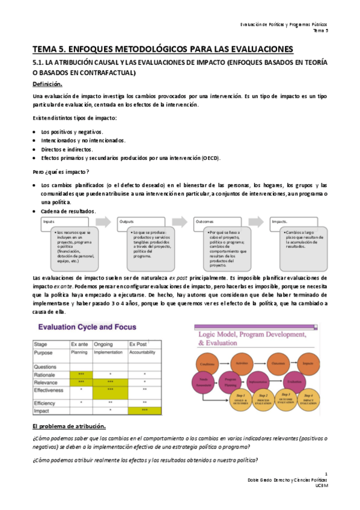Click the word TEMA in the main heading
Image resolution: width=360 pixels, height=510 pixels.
[46, 49]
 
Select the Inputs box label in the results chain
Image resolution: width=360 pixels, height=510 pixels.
[49, 221]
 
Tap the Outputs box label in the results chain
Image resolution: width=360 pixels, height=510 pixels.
[127, 221]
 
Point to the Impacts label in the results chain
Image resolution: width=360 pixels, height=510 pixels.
[280, 221]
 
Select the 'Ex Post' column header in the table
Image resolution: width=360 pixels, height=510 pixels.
[138, 343]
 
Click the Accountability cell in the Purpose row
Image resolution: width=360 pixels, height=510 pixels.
[144, 353]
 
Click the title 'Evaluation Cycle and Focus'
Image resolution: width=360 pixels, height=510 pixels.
[87, 327]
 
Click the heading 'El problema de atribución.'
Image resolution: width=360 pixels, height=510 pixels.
[69, 426]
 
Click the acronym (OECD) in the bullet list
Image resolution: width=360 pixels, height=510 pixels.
[210, 158]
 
